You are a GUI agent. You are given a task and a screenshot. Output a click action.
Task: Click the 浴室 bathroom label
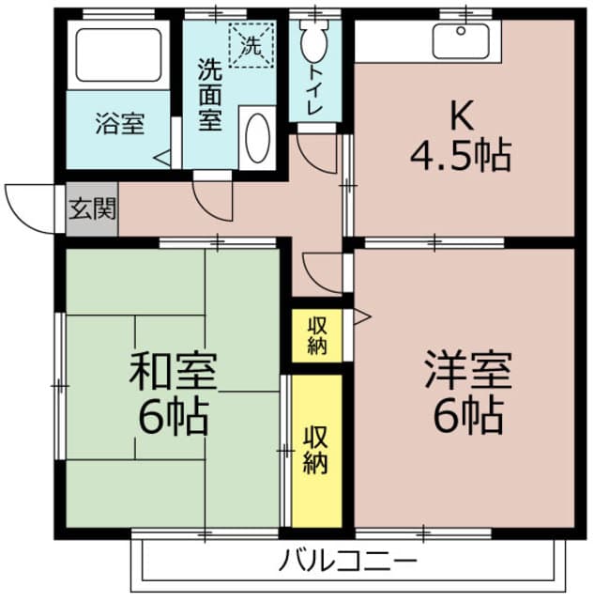point(119,124)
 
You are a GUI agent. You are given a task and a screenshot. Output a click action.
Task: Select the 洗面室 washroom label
point(209,95)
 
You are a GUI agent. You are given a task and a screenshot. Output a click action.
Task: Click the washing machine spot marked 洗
point(251,43)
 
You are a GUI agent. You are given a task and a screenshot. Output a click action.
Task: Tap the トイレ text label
point(312,90)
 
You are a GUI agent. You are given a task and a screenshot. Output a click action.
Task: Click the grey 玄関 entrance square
point(91,208)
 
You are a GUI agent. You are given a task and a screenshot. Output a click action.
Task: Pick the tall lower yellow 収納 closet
point(316,450)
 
